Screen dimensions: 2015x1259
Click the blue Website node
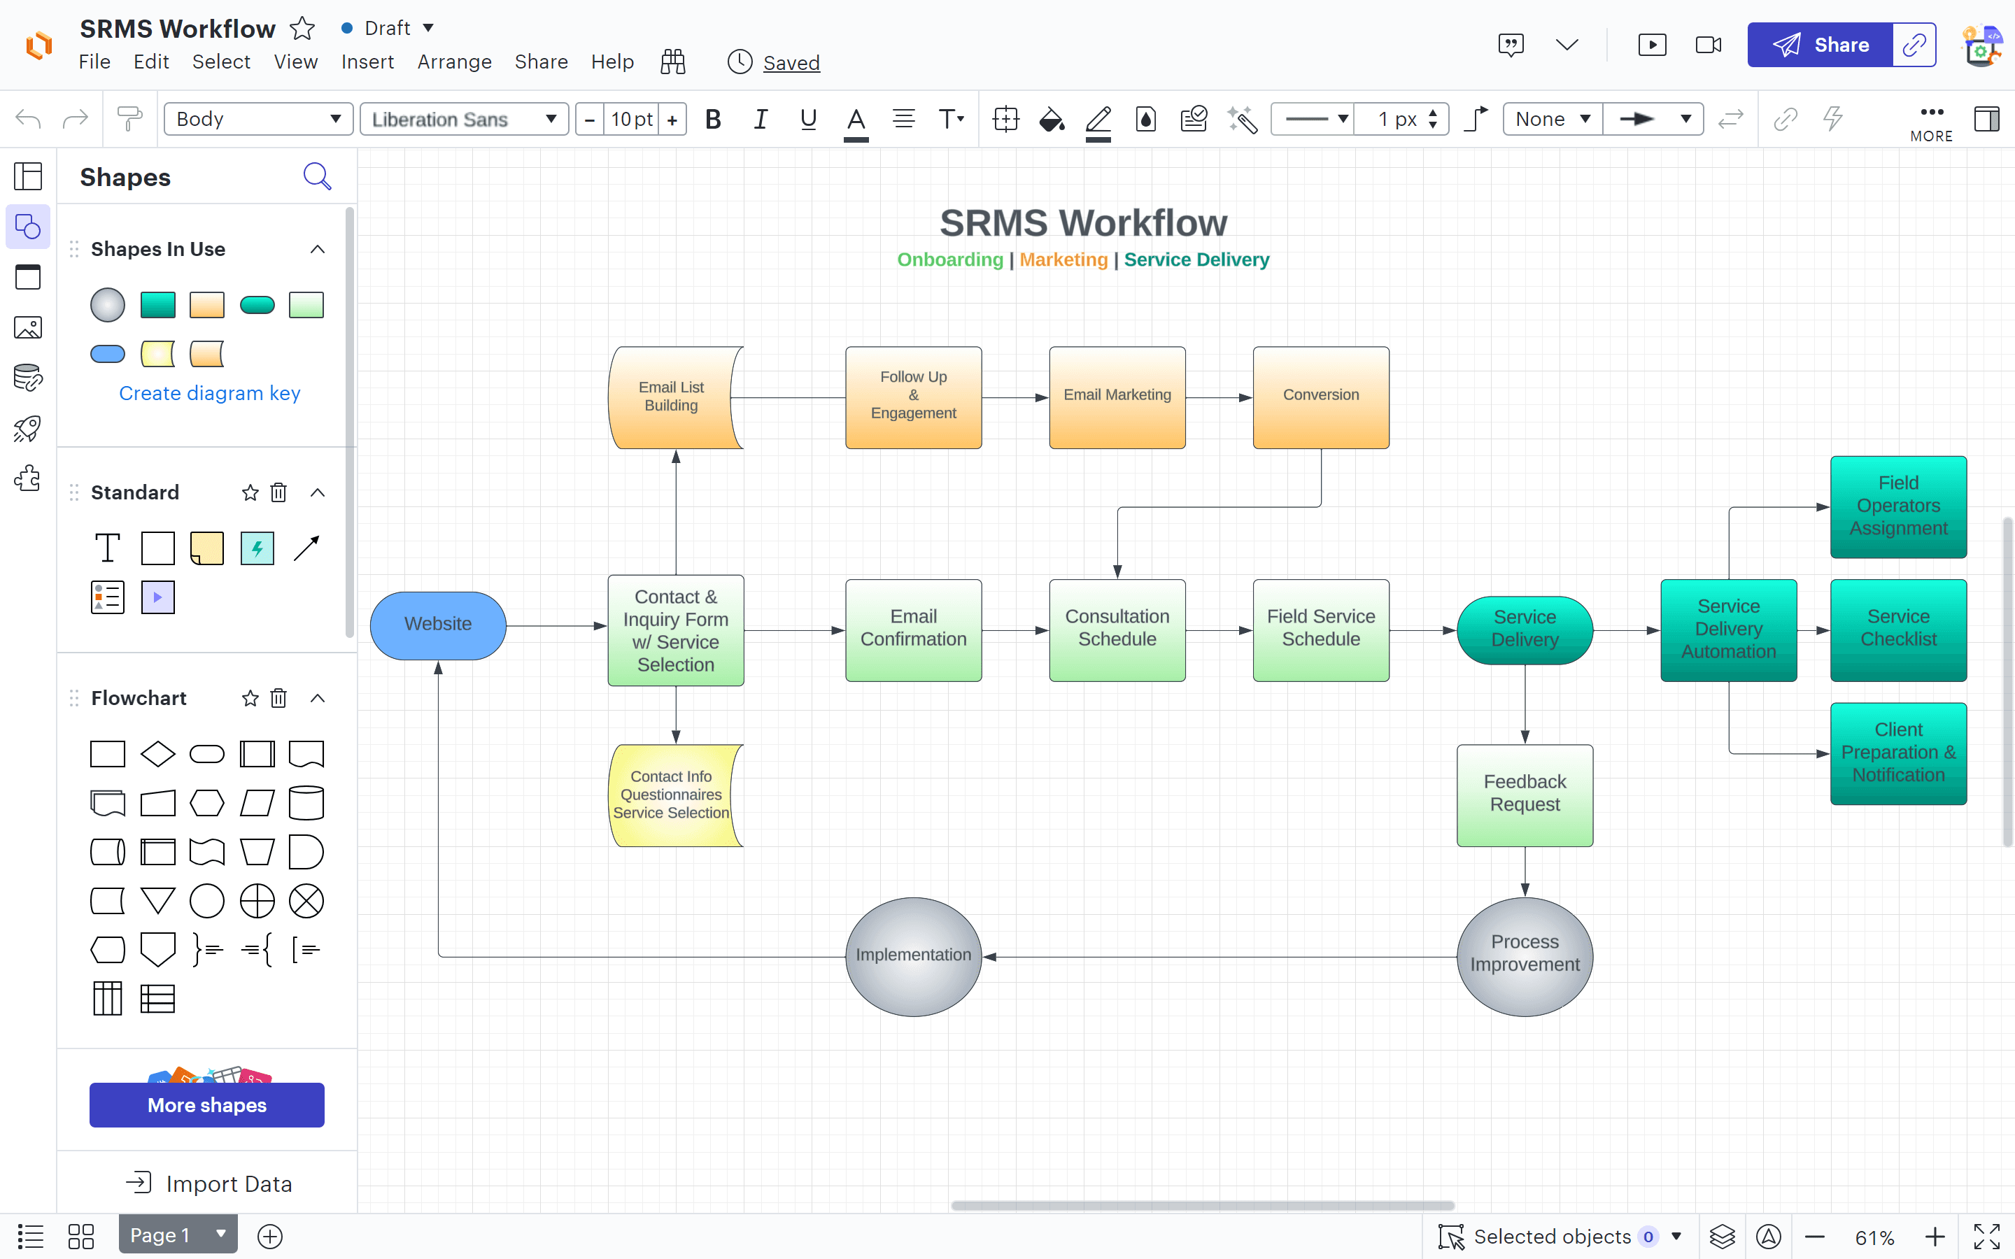tap(438, 625)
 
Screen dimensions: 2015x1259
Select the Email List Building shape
tap(674, 397)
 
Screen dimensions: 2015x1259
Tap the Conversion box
tap(1320, 397)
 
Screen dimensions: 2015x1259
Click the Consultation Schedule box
tap(1117, 629)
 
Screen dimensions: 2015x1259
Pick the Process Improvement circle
tap(1525, 956)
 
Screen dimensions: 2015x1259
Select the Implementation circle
tap(914, 956)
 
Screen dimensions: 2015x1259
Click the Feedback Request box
tap(1525, 795)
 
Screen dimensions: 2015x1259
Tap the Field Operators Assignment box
tap(1898, 506)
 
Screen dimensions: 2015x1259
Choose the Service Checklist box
tap(1898, 629)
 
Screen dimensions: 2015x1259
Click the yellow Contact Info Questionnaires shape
tap(674, 795)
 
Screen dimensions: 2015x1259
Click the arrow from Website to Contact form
tap(556, 625)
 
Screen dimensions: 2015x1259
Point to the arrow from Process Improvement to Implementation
tap(1219, 957)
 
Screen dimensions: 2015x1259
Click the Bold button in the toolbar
tap(713, 119)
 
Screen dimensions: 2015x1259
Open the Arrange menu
tap(455, 62)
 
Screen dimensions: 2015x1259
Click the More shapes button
tap(207, 1105)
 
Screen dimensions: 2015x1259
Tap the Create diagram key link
tap(210, 393)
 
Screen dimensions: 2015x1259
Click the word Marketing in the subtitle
tap(1063, 259)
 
